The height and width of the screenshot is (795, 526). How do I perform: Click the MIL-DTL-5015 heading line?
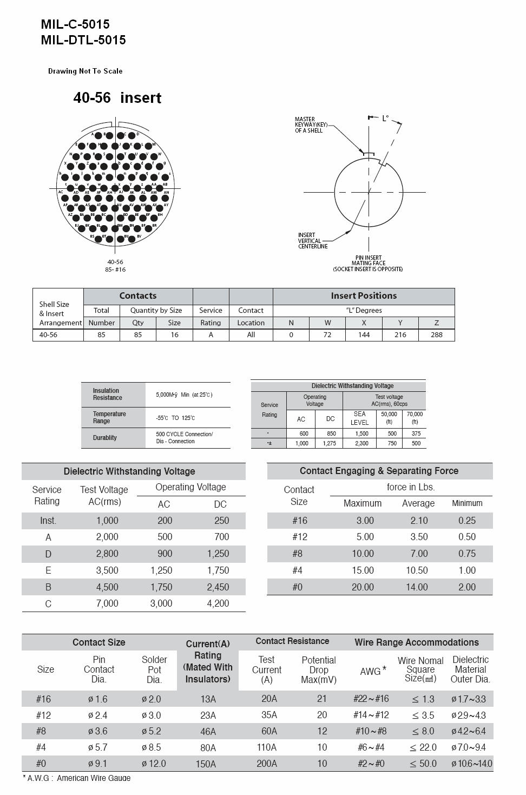(x=83, y=40)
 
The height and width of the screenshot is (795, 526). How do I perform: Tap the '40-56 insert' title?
(x=117, y=98)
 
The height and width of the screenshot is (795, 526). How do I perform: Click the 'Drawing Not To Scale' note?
(x=86, y=71)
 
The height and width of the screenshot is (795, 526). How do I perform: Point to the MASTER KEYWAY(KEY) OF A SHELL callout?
(x=309, y=125)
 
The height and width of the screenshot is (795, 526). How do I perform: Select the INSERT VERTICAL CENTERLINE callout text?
(x=313, y=241)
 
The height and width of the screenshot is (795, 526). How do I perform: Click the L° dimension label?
(x=385, y=118)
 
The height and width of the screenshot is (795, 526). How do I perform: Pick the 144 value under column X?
(x=364, y=335)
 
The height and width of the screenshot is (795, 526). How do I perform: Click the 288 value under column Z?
(x=436, y=335)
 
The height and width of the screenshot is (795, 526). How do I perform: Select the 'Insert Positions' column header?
(x=364, y=296)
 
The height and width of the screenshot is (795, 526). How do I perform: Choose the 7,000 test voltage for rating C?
(x=107, y=603)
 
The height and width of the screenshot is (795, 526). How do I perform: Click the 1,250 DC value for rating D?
(x=218, y=554)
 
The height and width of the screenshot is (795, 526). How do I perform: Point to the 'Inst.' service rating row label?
(x=48, y=521)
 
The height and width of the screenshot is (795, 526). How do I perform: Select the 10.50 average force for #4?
(x=417, y=570)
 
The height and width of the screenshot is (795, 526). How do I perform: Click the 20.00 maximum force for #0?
(x=363, y=587)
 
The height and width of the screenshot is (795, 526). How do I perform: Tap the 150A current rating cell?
(x=208, y=764)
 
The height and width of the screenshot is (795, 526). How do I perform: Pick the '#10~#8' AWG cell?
(x=371, y=731)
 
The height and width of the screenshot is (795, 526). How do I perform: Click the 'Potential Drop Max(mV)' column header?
(x=319, y=669)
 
